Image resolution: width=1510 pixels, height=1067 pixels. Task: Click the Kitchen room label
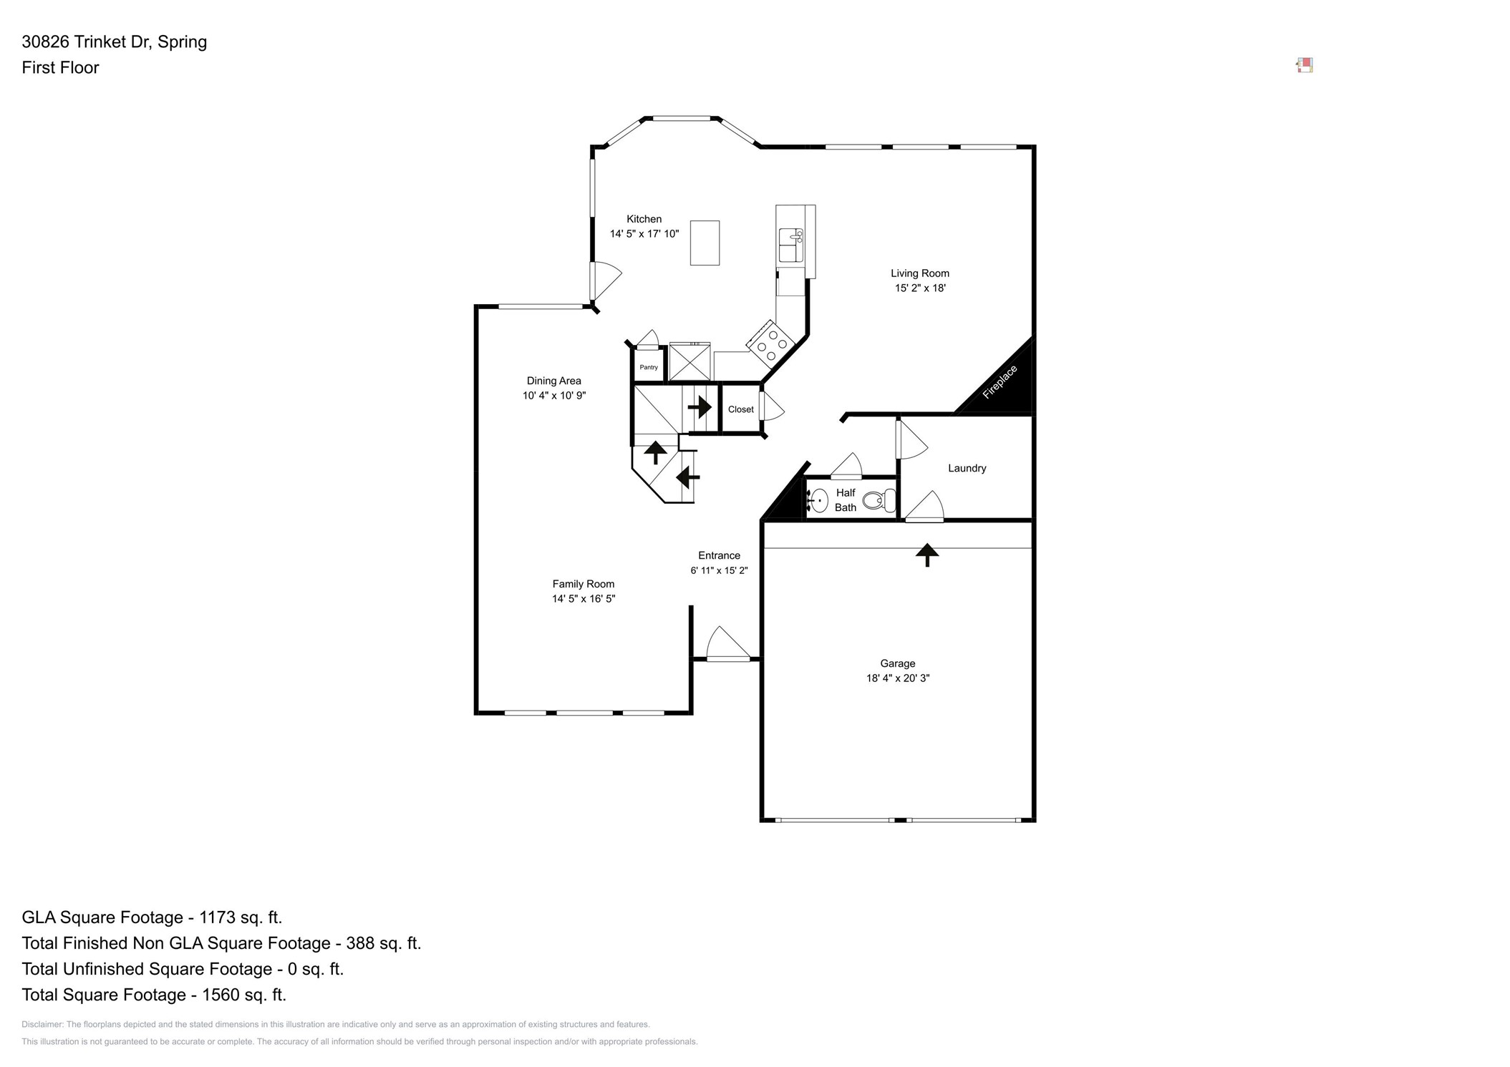pyautogui.click(x=644, y=219)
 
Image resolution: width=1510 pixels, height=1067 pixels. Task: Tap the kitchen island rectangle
pyautogui.click(x=705, y=243)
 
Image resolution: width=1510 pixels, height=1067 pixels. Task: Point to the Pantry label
pyautogui.click(x=649, y=367)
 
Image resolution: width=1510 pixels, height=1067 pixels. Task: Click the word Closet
pyautogui.click(x=740, y=409)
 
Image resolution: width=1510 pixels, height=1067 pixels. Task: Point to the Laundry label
pyautogui.click(x=967, y=468)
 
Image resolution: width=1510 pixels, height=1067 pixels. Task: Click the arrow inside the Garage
pyautogui.click(x=927, y=554)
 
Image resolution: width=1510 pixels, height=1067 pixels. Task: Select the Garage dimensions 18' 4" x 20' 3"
pyautogui.click(x=897, y=678)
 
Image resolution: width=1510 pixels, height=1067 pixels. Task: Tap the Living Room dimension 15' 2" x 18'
pyautogui.click(x=919, y=288)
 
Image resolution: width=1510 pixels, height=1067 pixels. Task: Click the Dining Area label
pyautogui.click(x=553, y=381)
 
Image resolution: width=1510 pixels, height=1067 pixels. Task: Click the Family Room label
pyautogui.click(x=583, y=584)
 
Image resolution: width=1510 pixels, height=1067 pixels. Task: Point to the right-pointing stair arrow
pyautogui.click(x=700, y=407)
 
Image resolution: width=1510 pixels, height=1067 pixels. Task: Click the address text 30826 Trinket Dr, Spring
pyautogui.click(x=115, y=42)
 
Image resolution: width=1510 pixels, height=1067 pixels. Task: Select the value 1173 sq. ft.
pyautogui.click(x=241, y=917)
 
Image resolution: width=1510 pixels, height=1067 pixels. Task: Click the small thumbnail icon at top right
pyautogui.click(x=1305, y=66)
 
